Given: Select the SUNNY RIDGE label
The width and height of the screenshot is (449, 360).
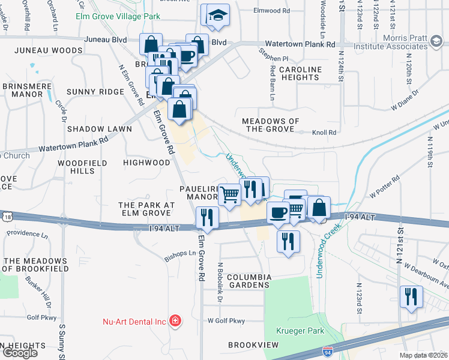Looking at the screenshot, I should (95, 92).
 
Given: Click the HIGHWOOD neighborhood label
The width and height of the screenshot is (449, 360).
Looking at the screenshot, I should (146, 163).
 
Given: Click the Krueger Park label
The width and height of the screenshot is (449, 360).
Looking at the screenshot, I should (300, 331).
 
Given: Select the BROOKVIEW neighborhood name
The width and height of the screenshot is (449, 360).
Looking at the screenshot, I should (253, 345).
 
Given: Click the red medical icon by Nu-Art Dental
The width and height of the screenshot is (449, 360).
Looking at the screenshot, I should (175, 322).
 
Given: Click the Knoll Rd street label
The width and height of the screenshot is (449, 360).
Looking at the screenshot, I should (324, 132).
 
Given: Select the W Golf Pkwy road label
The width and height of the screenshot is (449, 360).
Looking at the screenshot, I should (226, 321).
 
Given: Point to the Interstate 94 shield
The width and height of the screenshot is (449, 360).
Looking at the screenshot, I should (327, 350).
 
